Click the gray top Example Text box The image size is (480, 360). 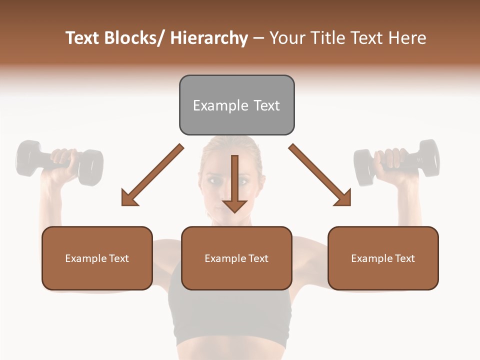point(236,105)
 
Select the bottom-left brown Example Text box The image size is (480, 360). point(97,258)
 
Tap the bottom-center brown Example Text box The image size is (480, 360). point(236,258)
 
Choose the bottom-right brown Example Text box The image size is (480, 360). point(383,258)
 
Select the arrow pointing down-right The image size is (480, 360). point(320,175)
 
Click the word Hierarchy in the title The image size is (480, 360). point(209,38)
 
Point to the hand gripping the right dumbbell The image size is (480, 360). point(393,159)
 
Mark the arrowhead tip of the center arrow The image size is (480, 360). point(234,212)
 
